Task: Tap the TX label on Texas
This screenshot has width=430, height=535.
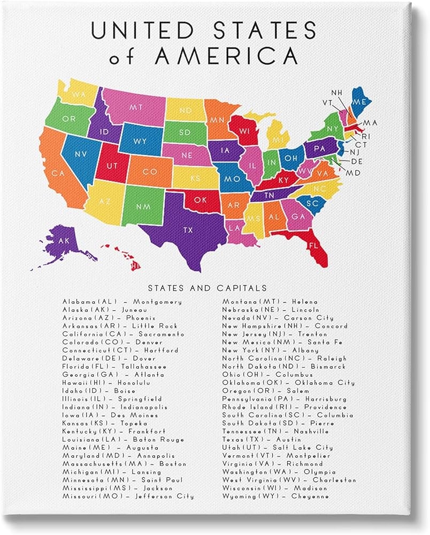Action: (188, 230)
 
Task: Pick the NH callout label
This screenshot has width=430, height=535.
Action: (336, 93)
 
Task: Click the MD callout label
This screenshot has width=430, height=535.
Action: (353, 173)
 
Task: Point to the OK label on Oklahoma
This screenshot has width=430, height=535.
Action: (199, 201)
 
